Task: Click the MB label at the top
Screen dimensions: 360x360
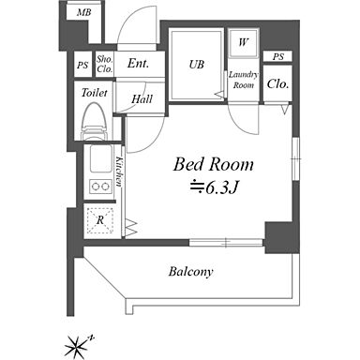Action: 84,12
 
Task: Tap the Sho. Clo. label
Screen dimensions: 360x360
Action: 105,64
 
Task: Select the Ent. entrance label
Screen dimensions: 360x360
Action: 138,64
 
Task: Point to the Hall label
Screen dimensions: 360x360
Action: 142,99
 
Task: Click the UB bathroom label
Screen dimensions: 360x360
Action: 197,65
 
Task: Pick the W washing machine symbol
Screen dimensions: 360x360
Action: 243,42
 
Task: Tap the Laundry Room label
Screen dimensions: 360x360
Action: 244,80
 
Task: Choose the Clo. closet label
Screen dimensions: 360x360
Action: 277,83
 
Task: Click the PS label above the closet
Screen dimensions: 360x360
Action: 278,57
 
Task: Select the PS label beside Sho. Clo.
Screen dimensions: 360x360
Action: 82,66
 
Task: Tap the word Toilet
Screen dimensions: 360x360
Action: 94,93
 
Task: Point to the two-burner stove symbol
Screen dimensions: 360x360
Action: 100,187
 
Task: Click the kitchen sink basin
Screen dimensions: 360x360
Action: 100,158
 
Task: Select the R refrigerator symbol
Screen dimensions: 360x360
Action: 99,220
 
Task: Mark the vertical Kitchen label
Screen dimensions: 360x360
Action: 119,171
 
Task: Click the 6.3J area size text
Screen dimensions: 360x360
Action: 215,187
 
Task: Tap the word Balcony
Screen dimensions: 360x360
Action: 191,272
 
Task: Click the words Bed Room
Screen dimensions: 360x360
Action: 214,164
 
